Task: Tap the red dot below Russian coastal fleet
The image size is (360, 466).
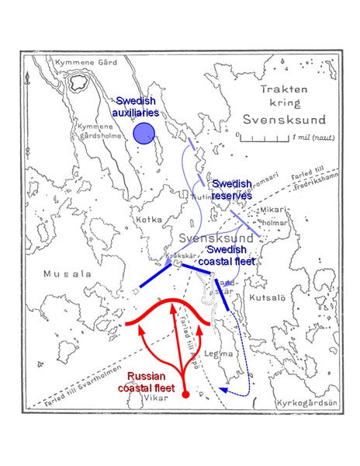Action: point(185,398)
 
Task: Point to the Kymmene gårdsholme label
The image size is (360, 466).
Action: point(101,129)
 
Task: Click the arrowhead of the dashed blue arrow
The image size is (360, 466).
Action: point(222,390)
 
